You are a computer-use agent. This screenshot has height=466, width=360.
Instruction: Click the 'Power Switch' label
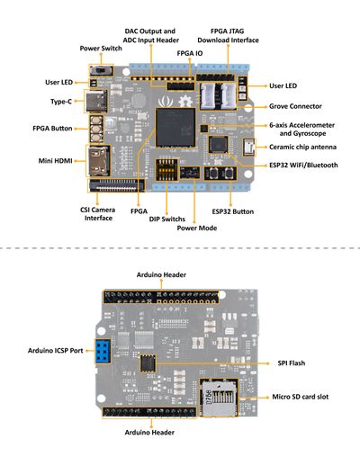pos(102,48)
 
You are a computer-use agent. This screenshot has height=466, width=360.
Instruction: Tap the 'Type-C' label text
pos(60,102)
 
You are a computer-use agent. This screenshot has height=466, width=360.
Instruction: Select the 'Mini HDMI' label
pos(56,161)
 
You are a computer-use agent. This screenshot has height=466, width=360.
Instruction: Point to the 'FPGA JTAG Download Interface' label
pos(234,35)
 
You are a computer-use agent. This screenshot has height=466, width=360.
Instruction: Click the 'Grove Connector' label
pos(293,107)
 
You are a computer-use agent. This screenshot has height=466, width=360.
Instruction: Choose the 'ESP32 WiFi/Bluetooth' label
pos(303,165)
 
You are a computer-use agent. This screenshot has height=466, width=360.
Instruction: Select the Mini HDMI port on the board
pos(99,161)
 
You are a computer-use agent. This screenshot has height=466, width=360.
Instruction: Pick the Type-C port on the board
pos(96,101)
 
